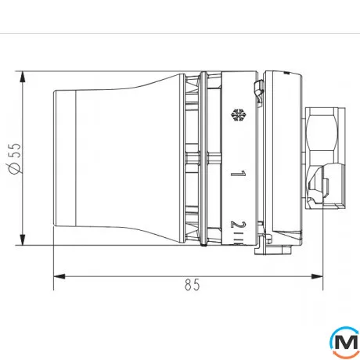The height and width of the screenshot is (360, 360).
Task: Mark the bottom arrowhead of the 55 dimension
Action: [24, 239]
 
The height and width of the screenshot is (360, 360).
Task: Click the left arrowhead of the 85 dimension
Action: [58, 275]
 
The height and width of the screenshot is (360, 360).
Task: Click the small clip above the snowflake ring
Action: [256, 85]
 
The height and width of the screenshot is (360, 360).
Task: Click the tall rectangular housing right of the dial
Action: [283, 157]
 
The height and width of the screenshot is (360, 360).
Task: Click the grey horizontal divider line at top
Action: [180, 34]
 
